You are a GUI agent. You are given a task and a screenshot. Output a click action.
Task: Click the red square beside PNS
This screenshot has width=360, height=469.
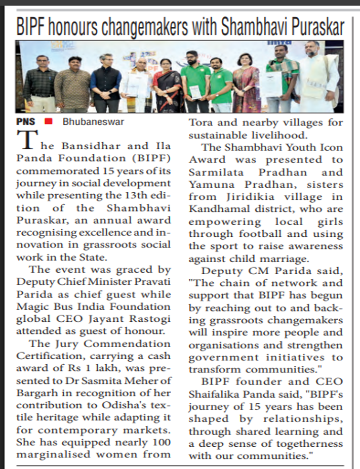click(48, 121)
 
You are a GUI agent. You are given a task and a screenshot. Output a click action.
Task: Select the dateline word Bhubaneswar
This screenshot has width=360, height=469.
click(93, 122)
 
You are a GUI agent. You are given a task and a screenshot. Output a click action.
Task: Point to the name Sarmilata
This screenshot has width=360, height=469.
click(218, 172)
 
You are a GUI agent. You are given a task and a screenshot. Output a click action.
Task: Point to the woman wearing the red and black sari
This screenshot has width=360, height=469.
click(167, 86)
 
